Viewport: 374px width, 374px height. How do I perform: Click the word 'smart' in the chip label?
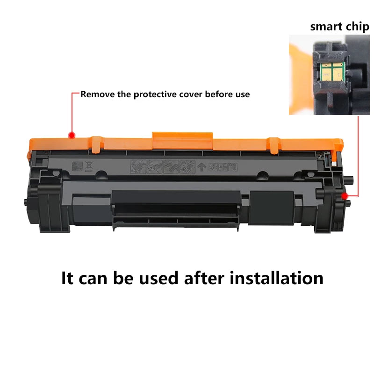click(x=326, y=27)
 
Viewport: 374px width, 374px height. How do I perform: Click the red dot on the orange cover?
click(x=72, y=136)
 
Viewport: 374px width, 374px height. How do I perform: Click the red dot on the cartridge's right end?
click(x=344, y=196)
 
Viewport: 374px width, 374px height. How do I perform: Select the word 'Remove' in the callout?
click(x=98, y=94)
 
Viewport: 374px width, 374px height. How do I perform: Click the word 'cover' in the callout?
click(x=191, y=94)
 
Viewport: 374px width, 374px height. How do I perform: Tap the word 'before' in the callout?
click(x=219, y=94)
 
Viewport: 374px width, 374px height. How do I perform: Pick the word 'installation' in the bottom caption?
click(x=276, y=278)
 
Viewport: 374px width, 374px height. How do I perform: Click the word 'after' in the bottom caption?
click(x=204, y=278)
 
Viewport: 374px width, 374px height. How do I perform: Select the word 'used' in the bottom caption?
click(x=158, y=278)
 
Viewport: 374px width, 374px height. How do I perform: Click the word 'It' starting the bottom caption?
click(x=67, y=278)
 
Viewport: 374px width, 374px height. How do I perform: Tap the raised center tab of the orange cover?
click(x=182, y=141)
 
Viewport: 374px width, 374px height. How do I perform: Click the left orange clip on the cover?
click(x=96, y=144)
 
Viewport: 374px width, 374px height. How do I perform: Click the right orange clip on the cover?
click(x=274, y=145)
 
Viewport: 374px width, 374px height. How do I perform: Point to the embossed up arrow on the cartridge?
click(x=202, y=167)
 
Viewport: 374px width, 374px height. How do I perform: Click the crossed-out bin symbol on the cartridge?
click(x=89, y=166)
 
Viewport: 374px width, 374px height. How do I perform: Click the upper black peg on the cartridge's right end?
click(x=348, y=179)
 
